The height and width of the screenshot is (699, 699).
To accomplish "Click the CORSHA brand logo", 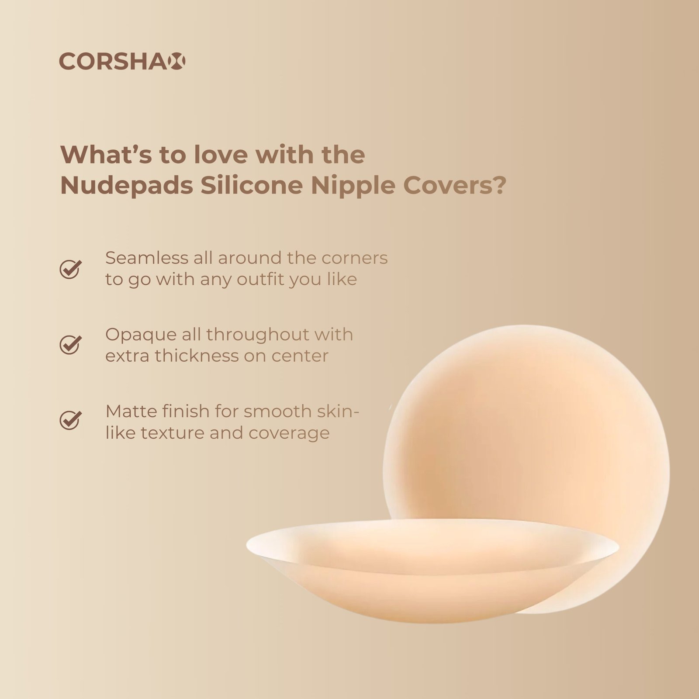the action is tap(122, 61).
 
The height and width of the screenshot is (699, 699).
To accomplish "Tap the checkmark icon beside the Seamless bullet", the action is tap(70, 269).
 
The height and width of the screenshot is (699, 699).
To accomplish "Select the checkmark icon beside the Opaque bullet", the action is tap(70, 345).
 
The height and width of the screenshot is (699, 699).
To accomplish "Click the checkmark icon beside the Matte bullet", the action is tap(70, 421).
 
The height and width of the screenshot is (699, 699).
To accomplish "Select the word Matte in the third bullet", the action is tap(127, 411).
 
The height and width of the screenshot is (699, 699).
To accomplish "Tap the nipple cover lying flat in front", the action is tap(433, 568).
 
